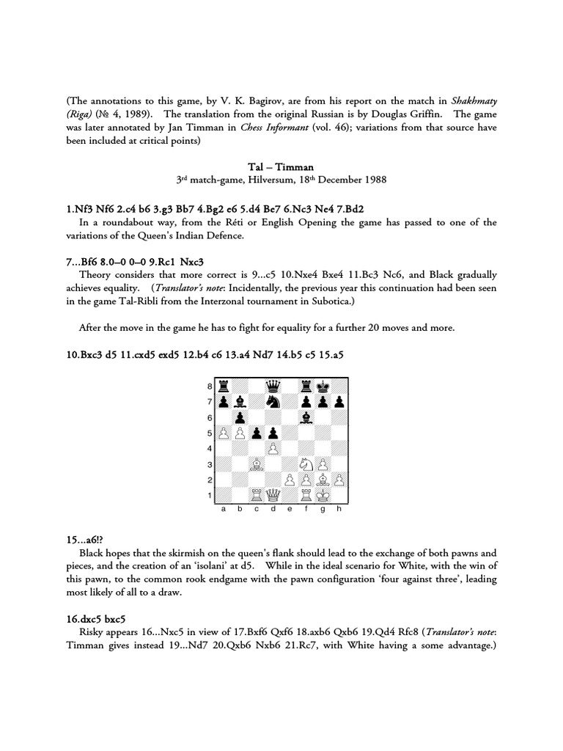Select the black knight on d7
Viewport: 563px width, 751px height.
coord(273,402)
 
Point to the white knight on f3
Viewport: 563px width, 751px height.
coord(306,465)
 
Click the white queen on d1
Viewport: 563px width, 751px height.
coord(273,497)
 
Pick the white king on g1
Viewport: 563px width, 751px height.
coord(323,497)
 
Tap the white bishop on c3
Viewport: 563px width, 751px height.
coord(257,465)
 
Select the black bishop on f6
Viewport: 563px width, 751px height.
coord(306,418)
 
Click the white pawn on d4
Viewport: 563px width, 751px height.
coord(273,449)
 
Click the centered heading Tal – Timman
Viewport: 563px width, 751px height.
coord(281,166)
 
